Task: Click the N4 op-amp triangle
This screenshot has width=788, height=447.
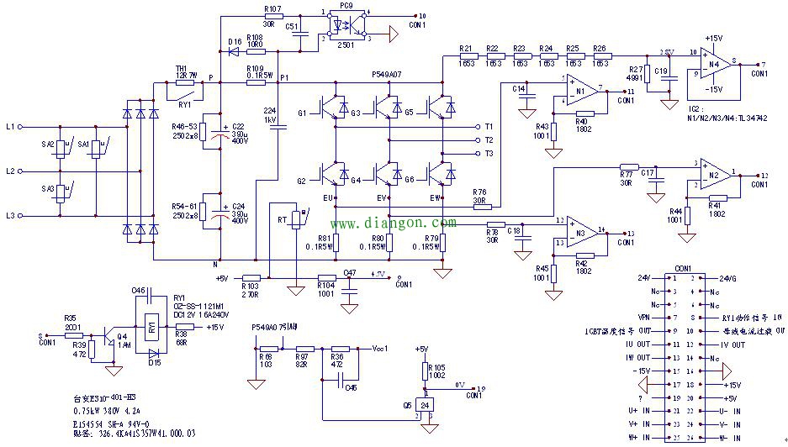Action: pyautogui.click(x=717, y=63)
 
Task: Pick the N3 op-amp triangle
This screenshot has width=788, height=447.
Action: pyautogui.click(x=580, y=231)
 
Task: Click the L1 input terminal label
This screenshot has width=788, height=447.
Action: pyautogui.click(x=10, y=127)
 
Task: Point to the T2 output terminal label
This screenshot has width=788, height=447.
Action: pyautogui.click(x=489, y=139)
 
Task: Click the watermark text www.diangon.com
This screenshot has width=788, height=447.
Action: pyautogui.click(x=394, y=223)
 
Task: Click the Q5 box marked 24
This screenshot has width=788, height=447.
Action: pyautogui.click(x=426, y=405)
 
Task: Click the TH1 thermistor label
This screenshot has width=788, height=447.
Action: pyautogui.click(x=180, y=69)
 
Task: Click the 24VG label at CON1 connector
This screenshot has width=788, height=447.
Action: pyautogui.click(x=728, y=278)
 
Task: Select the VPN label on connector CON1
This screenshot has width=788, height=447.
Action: pyautogui.click(x=644, y=318)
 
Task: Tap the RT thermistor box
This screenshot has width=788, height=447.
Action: pyautogui.click(x=296, y=220)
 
